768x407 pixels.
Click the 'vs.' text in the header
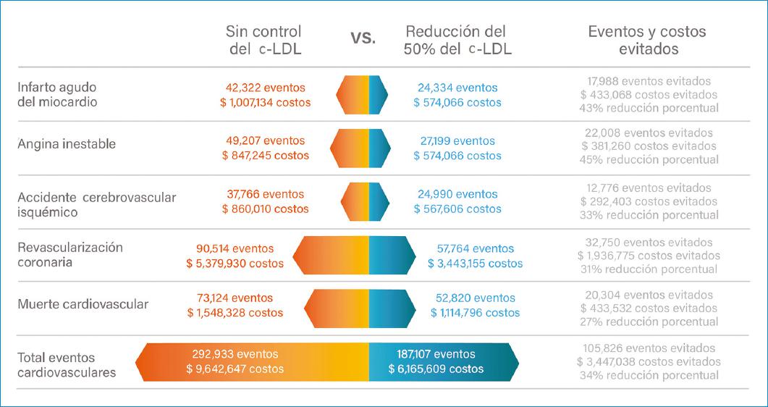(x=363, y=38)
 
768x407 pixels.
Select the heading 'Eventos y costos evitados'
(x=647, y=41)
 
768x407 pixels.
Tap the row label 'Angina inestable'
(x=67, y=143)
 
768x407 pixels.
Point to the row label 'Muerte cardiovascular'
(x=83, y=304)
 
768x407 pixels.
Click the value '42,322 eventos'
(x=266, y=88)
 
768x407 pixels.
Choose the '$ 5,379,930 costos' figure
(x=235, y=264)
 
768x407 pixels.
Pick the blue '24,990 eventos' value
(x=457, y=194)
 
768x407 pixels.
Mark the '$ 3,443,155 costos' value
(x=475, y=264)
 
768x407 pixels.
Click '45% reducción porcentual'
(x=649, y=159)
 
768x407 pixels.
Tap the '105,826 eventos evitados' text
(x=649, y=348)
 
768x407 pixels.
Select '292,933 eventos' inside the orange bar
(x=235, y=354)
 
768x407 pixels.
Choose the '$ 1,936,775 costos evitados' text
(x=649, y=256)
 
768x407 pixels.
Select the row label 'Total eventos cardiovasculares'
(x=67, y=365)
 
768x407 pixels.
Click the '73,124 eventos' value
(x=235, y=298)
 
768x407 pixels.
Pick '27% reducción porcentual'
(x=649, y=322)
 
